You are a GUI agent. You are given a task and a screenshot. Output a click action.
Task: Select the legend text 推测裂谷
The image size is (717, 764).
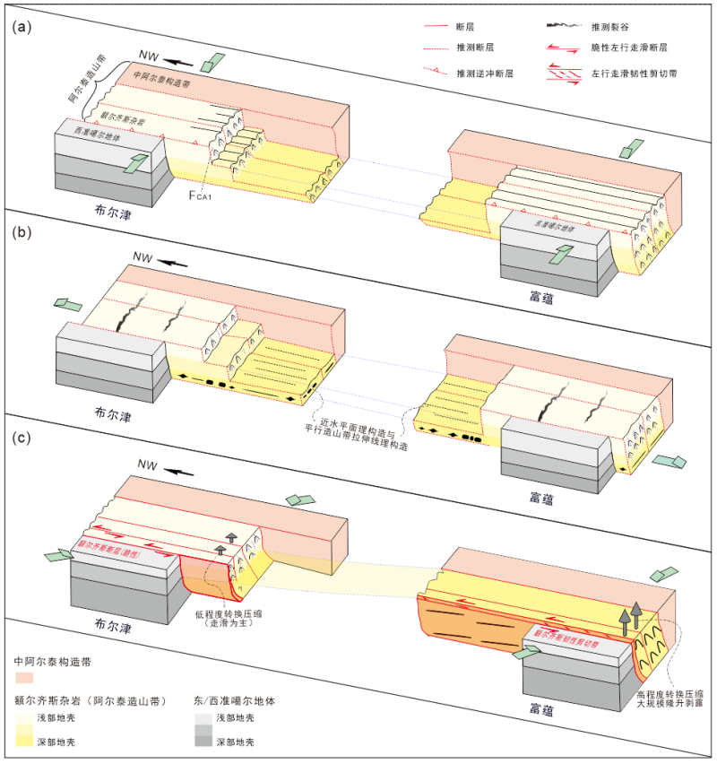(610, 29)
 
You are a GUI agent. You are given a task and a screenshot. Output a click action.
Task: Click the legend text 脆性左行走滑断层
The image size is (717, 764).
(632, 51)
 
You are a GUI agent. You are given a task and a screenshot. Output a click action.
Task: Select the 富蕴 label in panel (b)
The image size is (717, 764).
(540, 298)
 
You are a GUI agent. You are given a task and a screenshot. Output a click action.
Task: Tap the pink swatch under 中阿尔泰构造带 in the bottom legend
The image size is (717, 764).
(28, 676)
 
